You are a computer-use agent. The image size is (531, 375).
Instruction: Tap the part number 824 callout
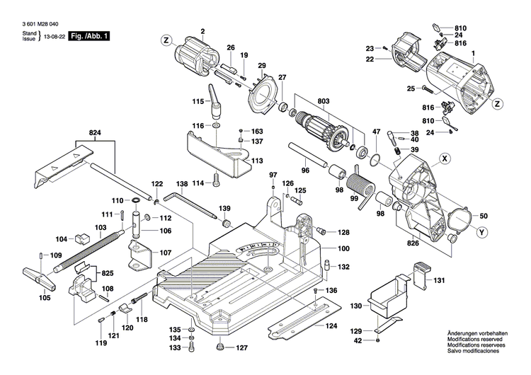point(96,132)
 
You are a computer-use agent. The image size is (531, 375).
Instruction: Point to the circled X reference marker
point(445,158)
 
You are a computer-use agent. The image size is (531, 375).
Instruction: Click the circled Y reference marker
point(481,233)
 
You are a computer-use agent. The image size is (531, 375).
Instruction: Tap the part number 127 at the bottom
point(241,348)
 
